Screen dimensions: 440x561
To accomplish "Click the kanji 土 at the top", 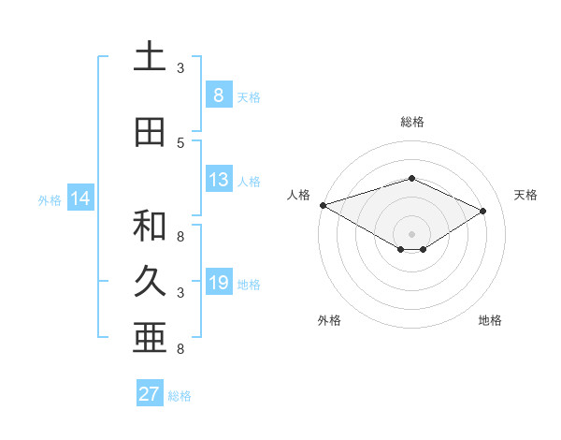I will [149, 58].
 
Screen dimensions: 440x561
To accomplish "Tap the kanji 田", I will [149, 132].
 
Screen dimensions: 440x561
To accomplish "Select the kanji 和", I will [149, 225].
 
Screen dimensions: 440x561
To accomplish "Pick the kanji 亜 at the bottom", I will [149, 338].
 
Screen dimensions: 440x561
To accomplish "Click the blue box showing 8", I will [218, 95].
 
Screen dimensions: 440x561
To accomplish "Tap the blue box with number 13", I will [218, 181].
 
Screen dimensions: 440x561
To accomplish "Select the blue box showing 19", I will [218, 283].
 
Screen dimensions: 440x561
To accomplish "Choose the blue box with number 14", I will [79, 198].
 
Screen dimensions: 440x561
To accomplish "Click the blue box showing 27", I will [150, 394].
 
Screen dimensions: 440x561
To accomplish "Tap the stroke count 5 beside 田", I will [180, 142].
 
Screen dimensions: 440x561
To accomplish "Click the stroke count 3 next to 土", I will [180, 68].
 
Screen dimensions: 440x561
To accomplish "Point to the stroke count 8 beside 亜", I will [180, 349].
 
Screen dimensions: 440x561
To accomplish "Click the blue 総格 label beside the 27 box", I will [180, 396].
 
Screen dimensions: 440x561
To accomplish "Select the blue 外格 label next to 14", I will [49, 199].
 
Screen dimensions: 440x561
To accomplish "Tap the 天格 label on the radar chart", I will [526, 195].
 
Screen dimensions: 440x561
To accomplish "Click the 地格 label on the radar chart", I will [490, 320].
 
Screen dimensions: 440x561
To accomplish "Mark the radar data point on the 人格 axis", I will [323, 205].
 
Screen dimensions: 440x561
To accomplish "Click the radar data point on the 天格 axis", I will [483, 212].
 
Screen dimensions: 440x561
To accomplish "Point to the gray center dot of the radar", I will [411, 233].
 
